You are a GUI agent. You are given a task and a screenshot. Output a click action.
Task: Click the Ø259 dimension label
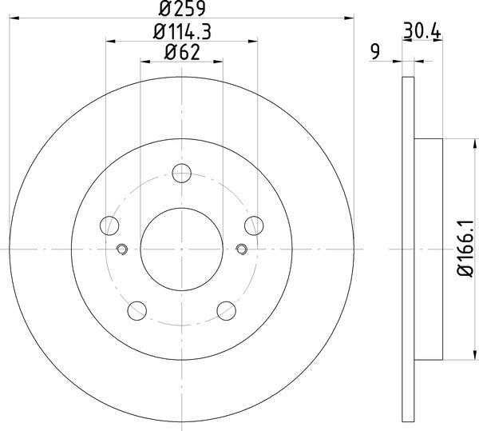coord(181,10)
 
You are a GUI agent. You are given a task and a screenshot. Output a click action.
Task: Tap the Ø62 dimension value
coord(181,54)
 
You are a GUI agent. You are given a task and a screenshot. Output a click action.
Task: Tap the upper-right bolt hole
coord(255,225)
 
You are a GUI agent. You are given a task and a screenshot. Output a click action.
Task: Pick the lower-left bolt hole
coord(137,309)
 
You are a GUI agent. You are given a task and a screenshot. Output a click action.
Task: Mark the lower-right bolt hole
coord(227,309)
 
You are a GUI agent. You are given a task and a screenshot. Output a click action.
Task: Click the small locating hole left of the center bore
coord(121,249)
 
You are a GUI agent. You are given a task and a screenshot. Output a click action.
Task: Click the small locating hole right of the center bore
coord(243,249)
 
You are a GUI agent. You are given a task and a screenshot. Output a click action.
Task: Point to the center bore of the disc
coord(182,249)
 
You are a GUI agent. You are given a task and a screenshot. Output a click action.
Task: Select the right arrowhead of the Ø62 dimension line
coord(220,61)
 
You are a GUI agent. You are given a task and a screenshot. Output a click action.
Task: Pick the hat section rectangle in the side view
coord(429,249)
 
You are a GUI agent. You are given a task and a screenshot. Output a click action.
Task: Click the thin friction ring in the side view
coord(408,249)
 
